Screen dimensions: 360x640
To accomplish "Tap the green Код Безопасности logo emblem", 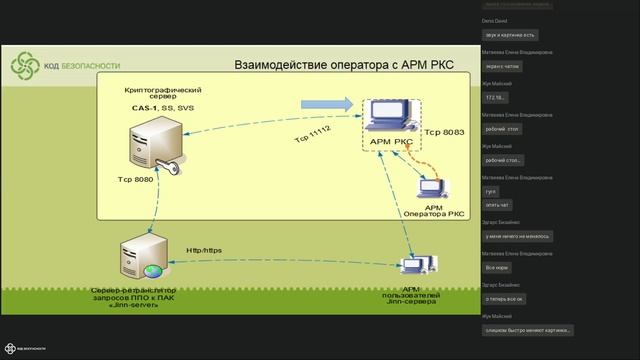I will tap(24, 67).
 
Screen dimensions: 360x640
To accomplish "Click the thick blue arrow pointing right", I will tap(329, 103).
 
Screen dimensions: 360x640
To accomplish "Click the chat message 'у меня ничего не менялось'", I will tap(520, 236).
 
